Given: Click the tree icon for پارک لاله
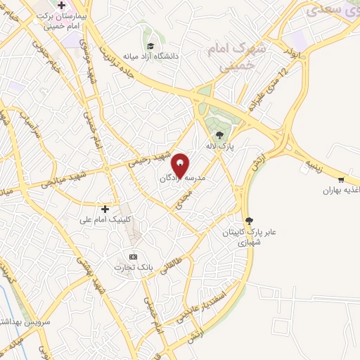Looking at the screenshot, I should click(220, 135).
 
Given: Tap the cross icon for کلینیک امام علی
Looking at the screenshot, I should click(105, 208).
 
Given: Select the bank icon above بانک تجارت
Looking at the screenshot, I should click(133, 256).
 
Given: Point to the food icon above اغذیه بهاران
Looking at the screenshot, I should click(342, 180).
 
